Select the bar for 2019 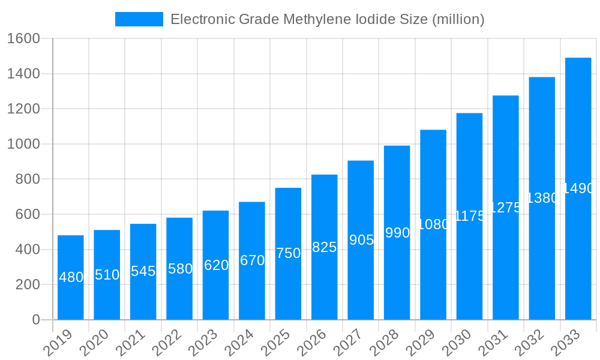pyautogui.click(x=71, y=277)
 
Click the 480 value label pyautogui.click(x=71, y=277)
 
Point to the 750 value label pyautogui.click(x=288, y=253)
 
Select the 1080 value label pyautogui.click(x=433, y=224)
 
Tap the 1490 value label pyautogui.click(x=578, y=188)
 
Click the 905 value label pyautogui.click(x=361, y=240)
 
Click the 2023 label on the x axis pyautogui.click(x=205, y=344)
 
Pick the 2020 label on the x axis pyautogui.click(x=96, y=344)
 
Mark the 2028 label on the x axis pyautogui.click(x=386, y=344)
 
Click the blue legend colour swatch pyautogui.click(x=139, y=19)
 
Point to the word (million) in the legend pyautogui.click(x=457, y=19)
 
